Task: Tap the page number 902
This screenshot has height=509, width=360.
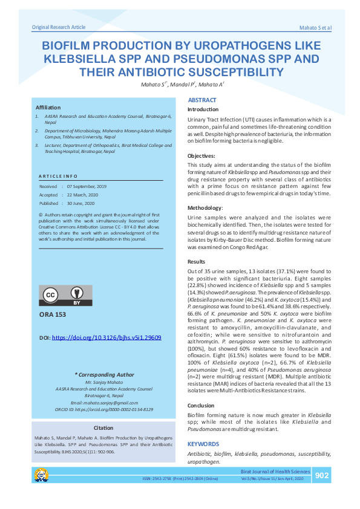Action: (322, 476)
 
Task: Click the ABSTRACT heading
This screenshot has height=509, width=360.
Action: (202, 100)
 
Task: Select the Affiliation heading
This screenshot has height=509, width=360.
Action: (48, 107)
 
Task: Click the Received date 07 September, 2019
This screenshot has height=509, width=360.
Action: (87, 187)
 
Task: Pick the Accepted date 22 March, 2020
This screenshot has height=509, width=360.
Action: (83, 195)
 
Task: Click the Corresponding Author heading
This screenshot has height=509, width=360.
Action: (103, 375)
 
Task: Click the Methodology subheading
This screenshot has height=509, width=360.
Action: (206, 207)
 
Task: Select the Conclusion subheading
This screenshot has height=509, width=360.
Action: (201, 406)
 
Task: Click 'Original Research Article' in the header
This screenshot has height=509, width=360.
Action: (59, 27)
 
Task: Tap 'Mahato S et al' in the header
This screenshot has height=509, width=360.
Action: (315, 28)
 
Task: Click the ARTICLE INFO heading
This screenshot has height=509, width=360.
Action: (57, 176)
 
